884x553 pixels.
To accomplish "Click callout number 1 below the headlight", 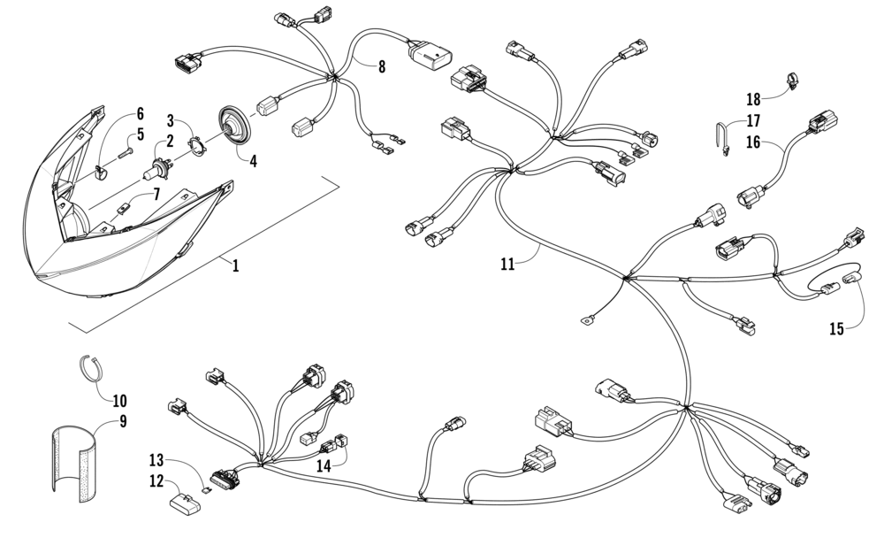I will click(235, 265).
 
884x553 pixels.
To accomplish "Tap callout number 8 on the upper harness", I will click(382, 66).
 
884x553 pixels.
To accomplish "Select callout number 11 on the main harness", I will click(507, 263).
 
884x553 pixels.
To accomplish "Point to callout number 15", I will click(836, 329).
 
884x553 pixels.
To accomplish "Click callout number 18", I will click(753, 99).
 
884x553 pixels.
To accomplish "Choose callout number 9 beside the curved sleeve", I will click(123, 421).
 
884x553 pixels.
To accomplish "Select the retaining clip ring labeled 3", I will click(202, 141).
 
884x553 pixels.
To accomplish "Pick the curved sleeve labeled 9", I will click(73, 465).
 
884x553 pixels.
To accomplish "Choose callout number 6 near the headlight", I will click(139, 114).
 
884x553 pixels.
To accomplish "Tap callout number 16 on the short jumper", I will click(753, 142).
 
